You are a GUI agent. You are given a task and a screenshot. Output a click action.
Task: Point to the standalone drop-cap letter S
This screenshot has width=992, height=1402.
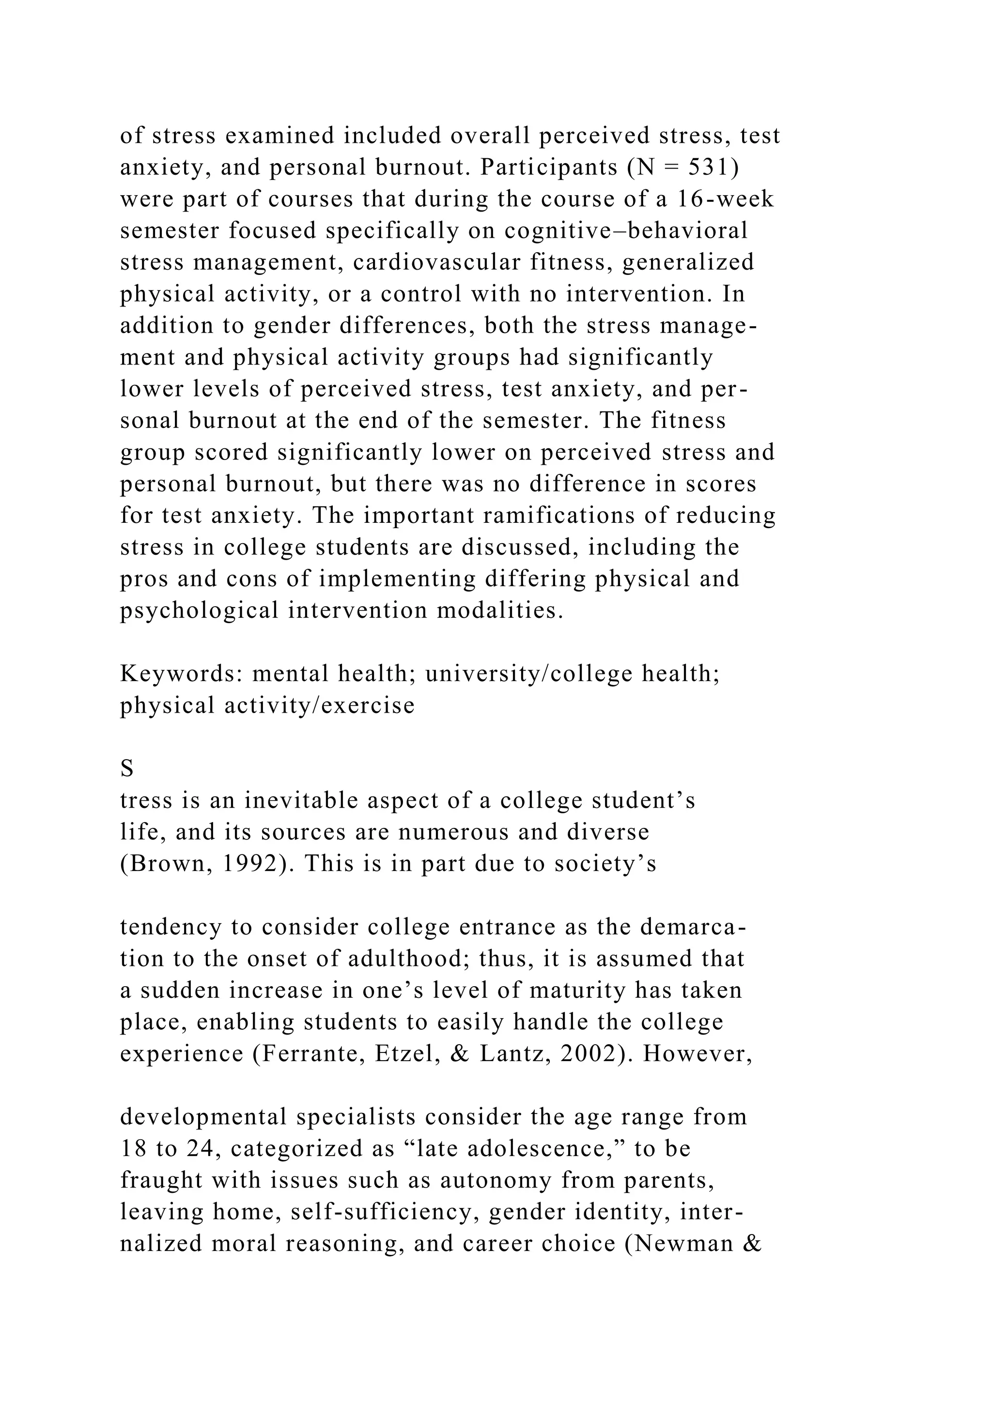click(127, 769)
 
